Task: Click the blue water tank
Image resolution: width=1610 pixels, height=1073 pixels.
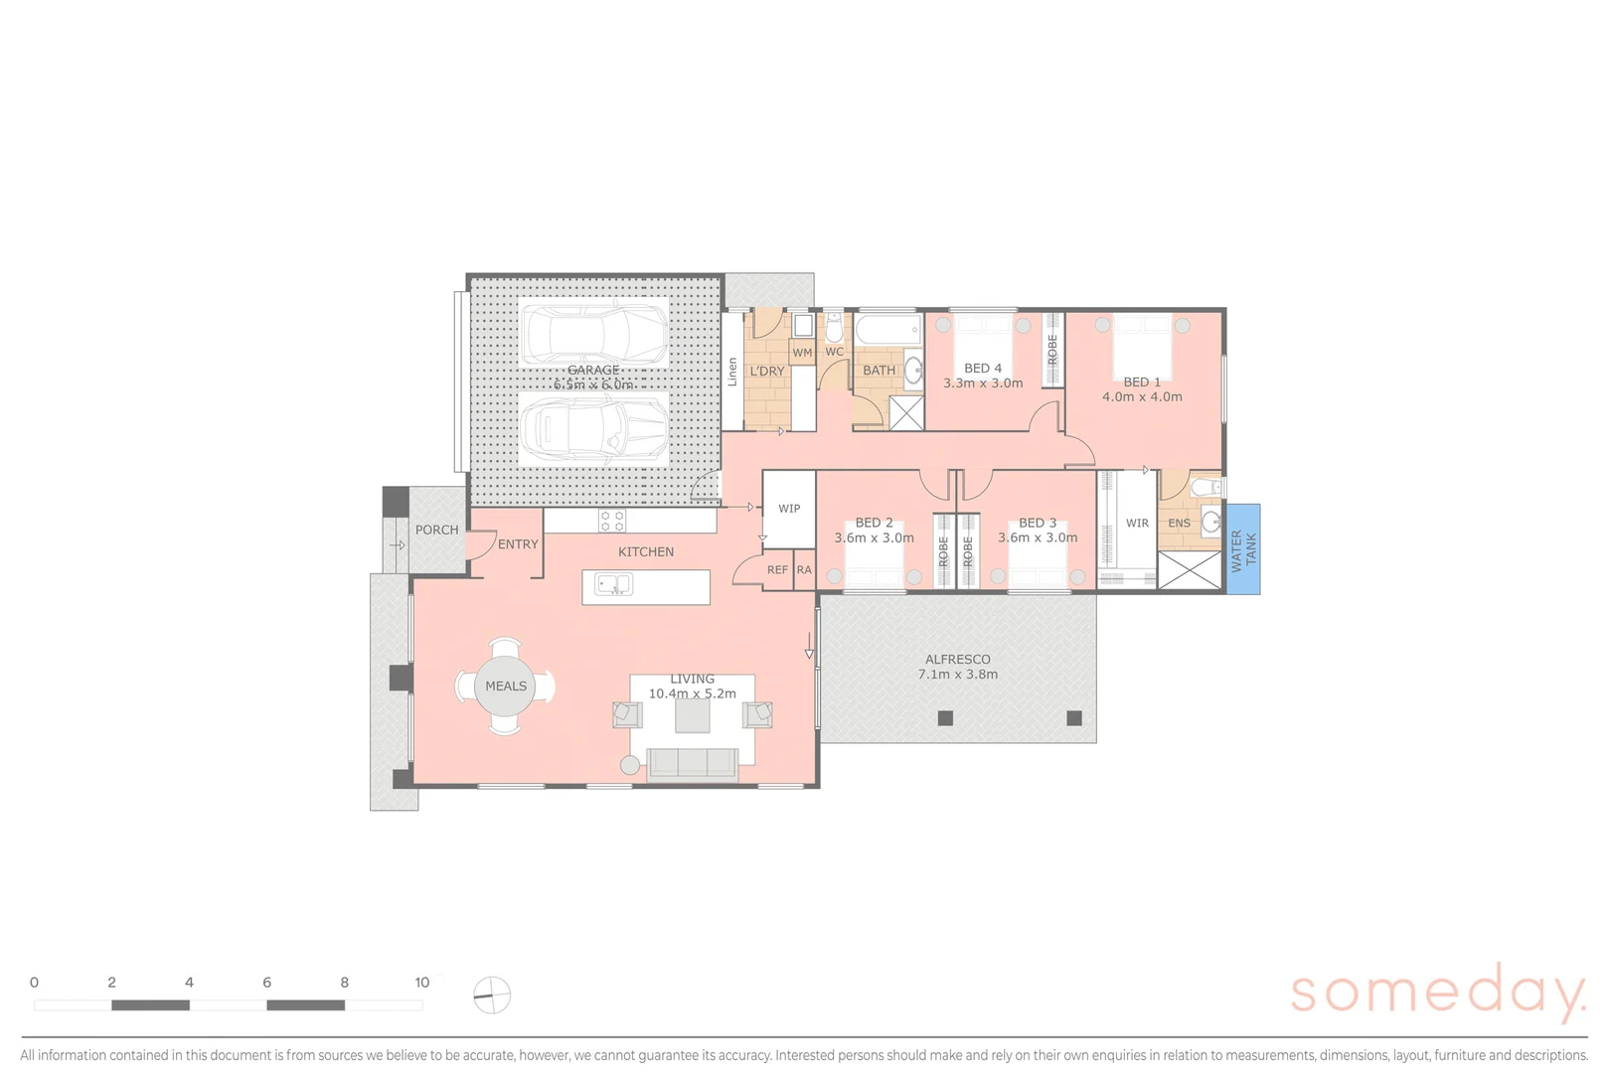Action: click(x=1242, y=549)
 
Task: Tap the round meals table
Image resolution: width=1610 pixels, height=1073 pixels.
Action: click(x=505, y=686)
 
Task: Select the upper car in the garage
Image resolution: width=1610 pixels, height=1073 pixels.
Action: click(x=594, y=334)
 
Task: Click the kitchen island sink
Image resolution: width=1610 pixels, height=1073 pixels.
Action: click(x=614, y=585)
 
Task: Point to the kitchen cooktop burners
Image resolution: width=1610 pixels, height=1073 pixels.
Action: click(x=612, y=521)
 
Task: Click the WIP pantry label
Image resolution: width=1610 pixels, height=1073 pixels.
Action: click(x=789, y=509)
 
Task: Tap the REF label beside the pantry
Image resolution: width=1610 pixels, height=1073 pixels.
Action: click(x=777, y=570)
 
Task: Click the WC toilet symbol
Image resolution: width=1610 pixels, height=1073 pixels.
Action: click(x=835, y=326)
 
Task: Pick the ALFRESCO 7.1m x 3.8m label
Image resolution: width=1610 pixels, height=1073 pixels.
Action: click(x=957, y=667)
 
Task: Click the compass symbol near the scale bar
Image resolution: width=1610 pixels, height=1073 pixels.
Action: click(x=492, y=995)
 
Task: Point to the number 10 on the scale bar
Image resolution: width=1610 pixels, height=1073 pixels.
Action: click(x=422, y=983)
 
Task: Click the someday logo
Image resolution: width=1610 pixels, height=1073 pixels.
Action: click(x=1437, y=992)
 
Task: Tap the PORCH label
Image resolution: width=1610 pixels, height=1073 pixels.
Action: click(x=436, y=531)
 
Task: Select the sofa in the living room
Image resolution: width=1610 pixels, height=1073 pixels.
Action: click(x=693, y=763)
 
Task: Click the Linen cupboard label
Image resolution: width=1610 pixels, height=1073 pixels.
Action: click(x=732, y=372)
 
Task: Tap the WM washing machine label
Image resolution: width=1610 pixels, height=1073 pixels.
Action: click(x=802, y=353)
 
